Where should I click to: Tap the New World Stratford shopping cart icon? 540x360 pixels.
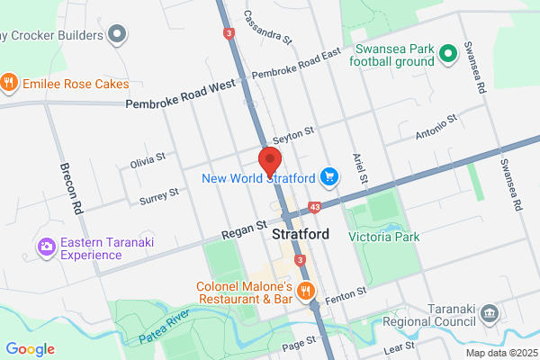(330, 177)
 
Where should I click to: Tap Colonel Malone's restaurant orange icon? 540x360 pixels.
(306, 290)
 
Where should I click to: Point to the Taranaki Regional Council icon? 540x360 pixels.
(489, 312)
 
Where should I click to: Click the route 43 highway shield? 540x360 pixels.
(314, 208)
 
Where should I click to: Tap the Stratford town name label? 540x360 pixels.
(300, 235)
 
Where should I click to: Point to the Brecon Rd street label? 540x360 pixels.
(70, 188)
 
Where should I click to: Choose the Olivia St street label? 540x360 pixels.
(148, 160)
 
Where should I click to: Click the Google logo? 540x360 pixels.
(30, 349)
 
